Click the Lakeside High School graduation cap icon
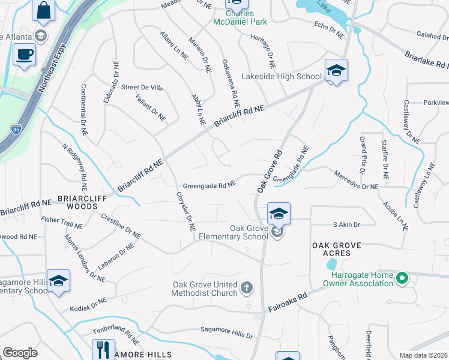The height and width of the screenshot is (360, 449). point(336,71)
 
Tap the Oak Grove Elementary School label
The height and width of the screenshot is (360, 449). point(249,232)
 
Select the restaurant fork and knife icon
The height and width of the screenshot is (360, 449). point(103,350)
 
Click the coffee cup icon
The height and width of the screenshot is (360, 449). point(24,54)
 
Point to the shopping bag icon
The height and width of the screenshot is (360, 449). point(43,10)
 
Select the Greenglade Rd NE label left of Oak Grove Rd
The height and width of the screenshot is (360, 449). point(209,186)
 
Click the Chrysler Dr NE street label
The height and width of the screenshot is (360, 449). point(185,211)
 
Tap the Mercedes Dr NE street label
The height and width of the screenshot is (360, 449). point(356,187)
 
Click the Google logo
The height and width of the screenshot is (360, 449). point(20,353)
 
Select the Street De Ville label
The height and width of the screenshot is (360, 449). point(142,88)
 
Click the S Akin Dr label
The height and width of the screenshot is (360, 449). point(346,225)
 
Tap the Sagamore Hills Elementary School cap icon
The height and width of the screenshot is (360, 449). point(59,281)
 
